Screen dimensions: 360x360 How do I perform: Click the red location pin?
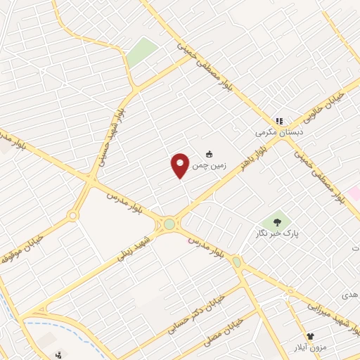coord(181,165)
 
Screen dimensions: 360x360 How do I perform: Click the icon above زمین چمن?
coord(209,155)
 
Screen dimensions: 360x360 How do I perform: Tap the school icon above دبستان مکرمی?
coord(279,121)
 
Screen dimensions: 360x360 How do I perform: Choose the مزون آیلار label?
coord(309,347)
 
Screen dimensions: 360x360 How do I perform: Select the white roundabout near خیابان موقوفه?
coord(72,216)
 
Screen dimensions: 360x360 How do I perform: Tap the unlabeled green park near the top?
coord(143,51)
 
